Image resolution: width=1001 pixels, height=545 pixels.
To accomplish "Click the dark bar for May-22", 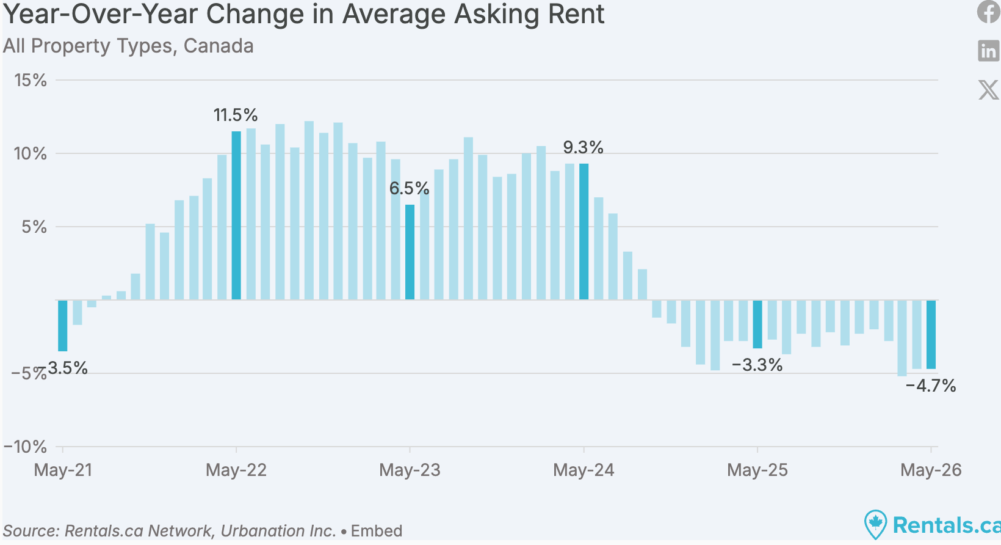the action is click(x=236, y=215).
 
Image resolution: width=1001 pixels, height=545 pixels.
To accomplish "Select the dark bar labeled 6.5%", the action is click(x=410, y=252).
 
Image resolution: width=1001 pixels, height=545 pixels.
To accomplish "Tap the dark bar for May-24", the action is click(x=584, y=232).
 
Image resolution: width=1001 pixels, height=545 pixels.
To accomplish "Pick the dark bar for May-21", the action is click(x=62, y=325).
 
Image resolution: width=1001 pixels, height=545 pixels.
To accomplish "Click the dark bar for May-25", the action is click(x=757, y=324).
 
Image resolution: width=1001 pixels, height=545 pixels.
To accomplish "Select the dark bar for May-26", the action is click(x=931, y=334).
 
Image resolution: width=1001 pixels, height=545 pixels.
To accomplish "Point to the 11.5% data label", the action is click(x=236, y=115).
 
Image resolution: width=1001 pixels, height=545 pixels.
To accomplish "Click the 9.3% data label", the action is click(x=583, y=147).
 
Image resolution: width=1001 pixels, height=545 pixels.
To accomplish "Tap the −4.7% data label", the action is click(x=931, y=386).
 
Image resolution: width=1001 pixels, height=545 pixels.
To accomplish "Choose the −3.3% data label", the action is click(x=757, y=365).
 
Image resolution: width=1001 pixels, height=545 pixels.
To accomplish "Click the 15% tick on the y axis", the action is click(x=31, y=81).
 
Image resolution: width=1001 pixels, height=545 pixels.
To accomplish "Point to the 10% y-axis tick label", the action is click(x=31, y=154).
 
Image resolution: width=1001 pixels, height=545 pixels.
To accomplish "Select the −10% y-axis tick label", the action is click(x=25, y=447).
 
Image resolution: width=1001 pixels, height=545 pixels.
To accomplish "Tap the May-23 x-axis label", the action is click(x=410, y=470).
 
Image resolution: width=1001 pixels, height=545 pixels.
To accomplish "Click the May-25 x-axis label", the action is click(x=757, y=470).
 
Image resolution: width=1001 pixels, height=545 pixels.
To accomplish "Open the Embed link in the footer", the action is click(x=376, y=531).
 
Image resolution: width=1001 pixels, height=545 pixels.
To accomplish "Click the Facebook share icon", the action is click(x=989, y=12).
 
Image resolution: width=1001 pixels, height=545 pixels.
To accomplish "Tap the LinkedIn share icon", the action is click(x=989, y=51).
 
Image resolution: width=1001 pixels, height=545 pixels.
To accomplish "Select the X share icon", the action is click(x=989, y=90).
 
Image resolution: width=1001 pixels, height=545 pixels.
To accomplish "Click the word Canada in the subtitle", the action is click(x=219, y=46).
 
